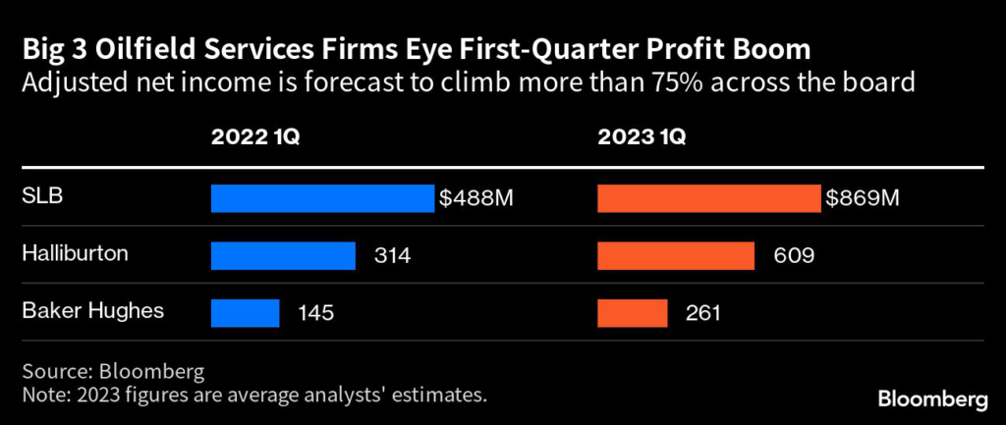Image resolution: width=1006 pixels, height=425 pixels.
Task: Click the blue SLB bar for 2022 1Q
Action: (321, 198)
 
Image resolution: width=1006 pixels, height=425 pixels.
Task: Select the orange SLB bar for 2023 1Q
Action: (708, 198)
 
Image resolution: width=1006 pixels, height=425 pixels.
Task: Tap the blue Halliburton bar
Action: (283, 255)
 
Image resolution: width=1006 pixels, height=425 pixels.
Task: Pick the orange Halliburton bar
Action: (676, 255)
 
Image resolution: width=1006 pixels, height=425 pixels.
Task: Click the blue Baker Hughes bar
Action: (246, 313)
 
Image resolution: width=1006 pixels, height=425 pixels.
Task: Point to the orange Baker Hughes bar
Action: (633, 313)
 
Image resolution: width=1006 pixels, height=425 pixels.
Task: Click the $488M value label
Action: (476, 198)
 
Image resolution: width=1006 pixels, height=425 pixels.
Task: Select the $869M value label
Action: (863, 198)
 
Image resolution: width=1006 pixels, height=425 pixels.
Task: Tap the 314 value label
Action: (391, 256)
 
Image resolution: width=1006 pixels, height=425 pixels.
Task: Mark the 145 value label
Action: (315, 313)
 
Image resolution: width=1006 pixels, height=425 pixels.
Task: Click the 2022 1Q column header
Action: (255, 137)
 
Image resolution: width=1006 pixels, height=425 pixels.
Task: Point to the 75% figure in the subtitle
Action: (673, 82)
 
